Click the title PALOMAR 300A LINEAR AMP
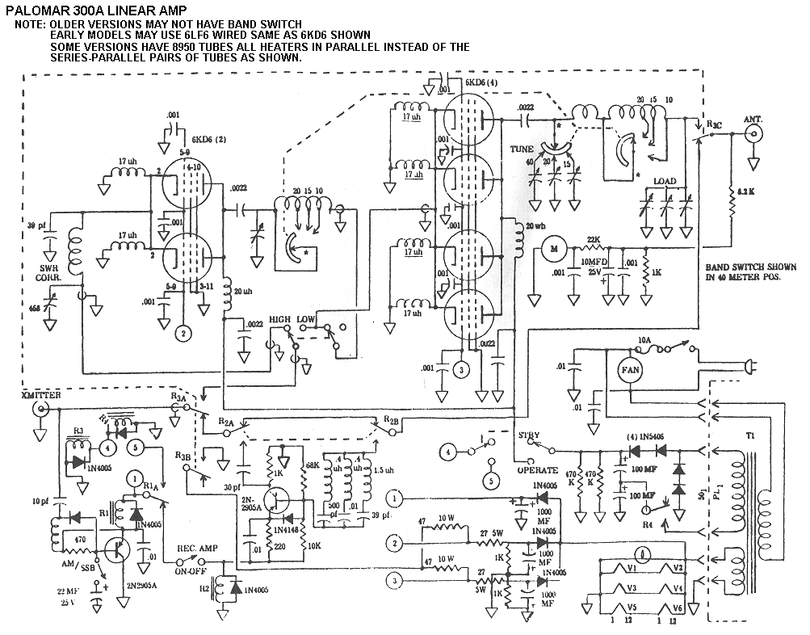tap(96, 11)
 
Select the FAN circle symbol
tap(630, 369)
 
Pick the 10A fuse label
tap(644, 340)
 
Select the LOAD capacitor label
tap(665, 181)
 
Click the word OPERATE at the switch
tap(536, 470)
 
